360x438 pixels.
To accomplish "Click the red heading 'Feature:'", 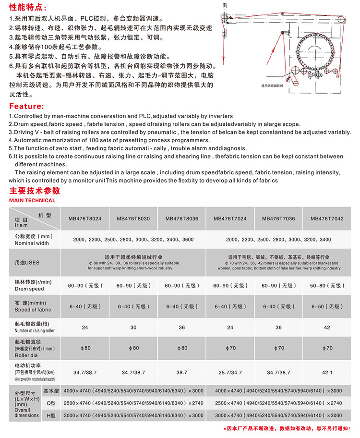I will click(26, 106).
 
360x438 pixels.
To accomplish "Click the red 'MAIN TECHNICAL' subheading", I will click(32, 200).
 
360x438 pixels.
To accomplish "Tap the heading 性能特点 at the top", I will click(28, 8).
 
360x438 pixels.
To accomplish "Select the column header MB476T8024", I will click(85, 219).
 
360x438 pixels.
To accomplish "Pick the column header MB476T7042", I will click(327, 219).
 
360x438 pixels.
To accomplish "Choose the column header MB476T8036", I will click(182, 219).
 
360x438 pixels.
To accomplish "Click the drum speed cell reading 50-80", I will click(327, 285).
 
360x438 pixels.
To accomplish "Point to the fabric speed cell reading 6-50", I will click(327, 306).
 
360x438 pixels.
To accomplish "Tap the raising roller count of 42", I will click(327, 328).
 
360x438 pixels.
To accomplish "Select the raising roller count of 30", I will click(133, 328).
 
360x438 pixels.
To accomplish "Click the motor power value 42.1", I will click(327, 372).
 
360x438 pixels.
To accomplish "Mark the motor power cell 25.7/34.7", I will click(230, 372).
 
